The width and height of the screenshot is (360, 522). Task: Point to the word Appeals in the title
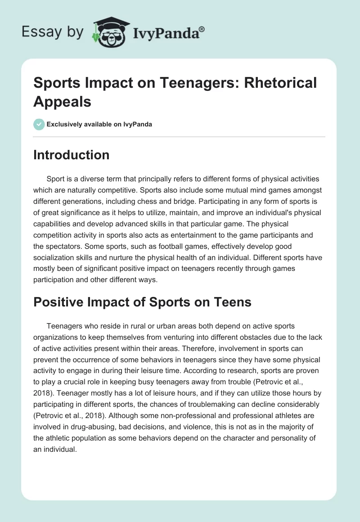tap(63, 102)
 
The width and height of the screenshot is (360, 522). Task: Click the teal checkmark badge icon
tap(39, 124)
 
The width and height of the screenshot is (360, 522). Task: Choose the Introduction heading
tap(72, 155)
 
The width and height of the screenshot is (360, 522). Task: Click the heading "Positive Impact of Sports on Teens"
tap(142, 302)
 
